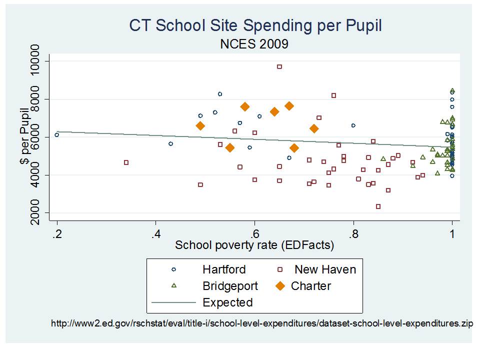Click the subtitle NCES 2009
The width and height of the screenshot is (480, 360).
click(x=254, y=44)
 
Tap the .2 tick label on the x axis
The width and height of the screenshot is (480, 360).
click(x=57, y=234)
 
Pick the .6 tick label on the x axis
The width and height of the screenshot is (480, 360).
click(x=254, y=234)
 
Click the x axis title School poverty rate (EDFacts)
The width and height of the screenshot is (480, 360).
click(x=254, y=245)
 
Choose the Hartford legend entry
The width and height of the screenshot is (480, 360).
click(x=223, y=269)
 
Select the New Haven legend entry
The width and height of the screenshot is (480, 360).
click(x=325, y=269)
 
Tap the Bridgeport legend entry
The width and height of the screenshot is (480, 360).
click(x=230, y=286)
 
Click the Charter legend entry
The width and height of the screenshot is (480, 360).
click(x=310, y=286)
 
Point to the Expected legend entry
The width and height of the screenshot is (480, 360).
click(x=227, y=302)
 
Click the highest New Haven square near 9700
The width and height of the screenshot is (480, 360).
click(x=279, y=66)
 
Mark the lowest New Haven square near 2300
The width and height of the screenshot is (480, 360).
click(x=378, y=206)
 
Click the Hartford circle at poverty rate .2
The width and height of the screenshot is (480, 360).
click(x=57, y=135)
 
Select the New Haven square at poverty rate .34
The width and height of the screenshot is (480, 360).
click(x=126, y=162)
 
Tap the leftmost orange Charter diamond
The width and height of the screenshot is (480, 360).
click(x=200, y=126)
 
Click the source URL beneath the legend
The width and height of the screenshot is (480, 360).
click(x=262, y=323)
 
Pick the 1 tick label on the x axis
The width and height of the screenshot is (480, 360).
click(x=452, y=234)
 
